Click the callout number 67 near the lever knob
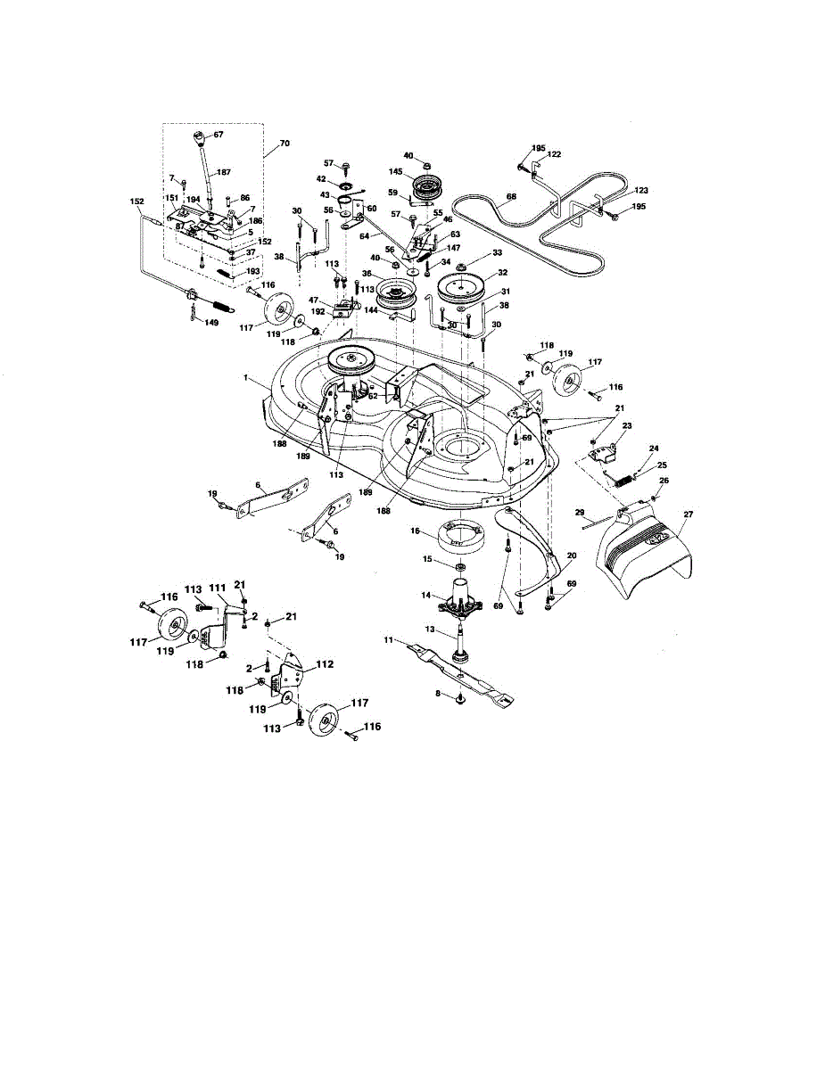[x=218, y=134]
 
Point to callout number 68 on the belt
[x=511, y=196]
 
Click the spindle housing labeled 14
[x=460, y=597]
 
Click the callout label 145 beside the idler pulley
[x=396, y=172]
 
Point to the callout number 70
[x=285, y=143]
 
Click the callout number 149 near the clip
[x=210, y=323]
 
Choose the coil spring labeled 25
[x=625, y=476]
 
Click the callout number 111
[x=217, y=589]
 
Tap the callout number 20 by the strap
[x=571, y=556]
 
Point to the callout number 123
[x=641, y=191]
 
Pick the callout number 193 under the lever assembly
[x=252, y=271]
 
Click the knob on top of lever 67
[x=199, y=139]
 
